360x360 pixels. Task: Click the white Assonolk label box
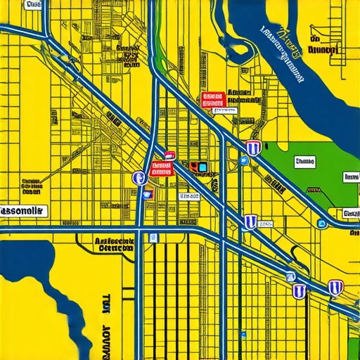(x=22, y=210)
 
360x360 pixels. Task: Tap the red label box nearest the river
(x=212, y=99)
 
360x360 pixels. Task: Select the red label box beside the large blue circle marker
(x=161, y=169)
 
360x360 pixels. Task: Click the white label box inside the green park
(x=304, y=162)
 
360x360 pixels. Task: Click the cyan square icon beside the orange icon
(x=203, y=167)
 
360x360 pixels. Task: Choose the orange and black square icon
(x=193, y=167)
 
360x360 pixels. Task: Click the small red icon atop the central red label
(x=169, y=155)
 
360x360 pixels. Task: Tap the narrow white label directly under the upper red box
(x=224, y=110)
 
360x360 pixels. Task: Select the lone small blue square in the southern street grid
(x=152, y=238)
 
